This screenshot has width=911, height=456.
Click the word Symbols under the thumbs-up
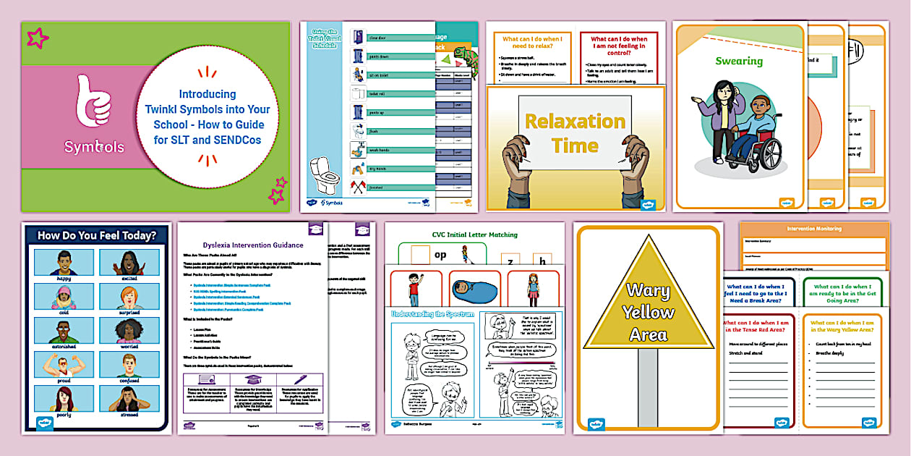tap(94, 147)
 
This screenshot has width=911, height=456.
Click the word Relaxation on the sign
tap(575, 121)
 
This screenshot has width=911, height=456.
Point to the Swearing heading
tap(739, 61)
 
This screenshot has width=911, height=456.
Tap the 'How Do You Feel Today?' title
tap(96, 235)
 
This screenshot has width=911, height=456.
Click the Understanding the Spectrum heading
tap(431, 314)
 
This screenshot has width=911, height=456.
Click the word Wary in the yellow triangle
tap(648, 290)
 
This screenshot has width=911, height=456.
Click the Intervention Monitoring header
tap(813, 229)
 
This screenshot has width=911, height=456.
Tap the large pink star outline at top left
tap(38, 38)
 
